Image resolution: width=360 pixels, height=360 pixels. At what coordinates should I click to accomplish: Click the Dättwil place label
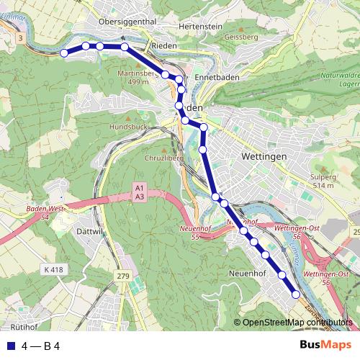pyautogui.click(x=90, y=233)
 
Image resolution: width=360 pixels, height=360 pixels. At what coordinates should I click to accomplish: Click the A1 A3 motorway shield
pyautogui.click(x=140, y=192)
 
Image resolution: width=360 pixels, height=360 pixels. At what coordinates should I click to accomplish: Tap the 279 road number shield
pyautogui.click(x=122, y=276)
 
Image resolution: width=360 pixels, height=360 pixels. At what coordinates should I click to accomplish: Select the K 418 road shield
pyautogui.click(x=53, y=269)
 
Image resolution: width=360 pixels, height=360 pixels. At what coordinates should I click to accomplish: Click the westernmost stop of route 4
pyautogui.click(x=64, y=53)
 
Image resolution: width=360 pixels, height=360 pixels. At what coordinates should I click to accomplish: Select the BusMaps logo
pyautogui.click(x=325, y=345)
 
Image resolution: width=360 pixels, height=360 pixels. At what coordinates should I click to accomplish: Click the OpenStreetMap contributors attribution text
pyautogui.click(x=297, y=323)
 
